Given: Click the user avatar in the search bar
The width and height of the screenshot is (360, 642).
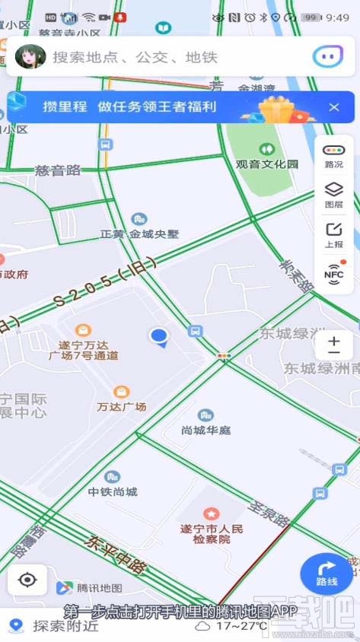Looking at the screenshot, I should click(31, 56).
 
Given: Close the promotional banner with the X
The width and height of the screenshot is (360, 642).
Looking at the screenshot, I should click(333, 108).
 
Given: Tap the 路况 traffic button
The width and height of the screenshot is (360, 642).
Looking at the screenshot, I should click(333, 155).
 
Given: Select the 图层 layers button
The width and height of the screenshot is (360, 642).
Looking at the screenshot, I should click(333, 195).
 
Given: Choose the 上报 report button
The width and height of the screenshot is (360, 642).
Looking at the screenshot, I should click(333, 234).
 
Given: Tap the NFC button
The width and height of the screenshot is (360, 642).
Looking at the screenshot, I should click(333, 272).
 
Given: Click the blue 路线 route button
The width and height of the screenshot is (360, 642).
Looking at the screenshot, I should click(326, 574).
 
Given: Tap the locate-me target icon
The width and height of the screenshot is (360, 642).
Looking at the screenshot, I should click(27, 580).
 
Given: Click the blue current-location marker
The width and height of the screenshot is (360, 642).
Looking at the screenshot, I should click(159, 336).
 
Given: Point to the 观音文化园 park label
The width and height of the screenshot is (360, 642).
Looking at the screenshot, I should click(267, 164).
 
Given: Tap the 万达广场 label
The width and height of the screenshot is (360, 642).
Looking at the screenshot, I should click(121, 406).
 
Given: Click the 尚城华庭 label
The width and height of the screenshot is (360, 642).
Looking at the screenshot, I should click(205, 429).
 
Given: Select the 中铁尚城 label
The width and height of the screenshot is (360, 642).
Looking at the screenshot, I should click(113, 491).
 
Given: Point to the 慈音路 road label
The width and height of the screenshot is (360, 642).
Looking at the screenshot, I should click(58, 170).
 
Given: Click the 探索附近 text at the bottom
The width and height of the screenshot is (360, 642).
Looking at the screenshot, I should click(65, 626).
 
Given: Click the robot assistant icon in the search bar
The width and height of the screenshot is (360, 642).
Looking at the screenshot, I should click(329, 56).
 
